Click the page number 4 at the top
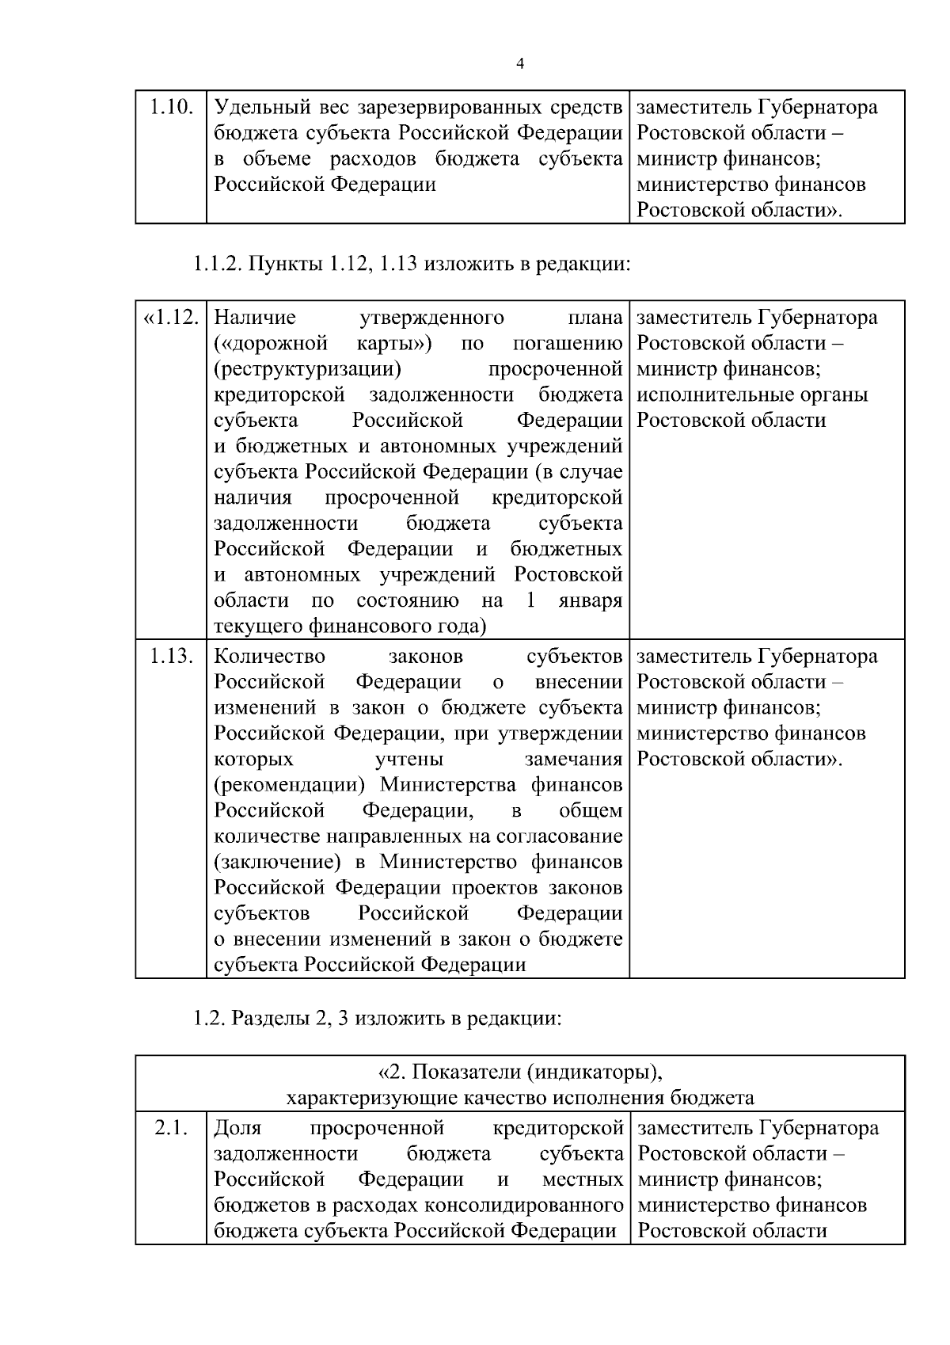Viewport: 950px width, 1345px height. point(519,64)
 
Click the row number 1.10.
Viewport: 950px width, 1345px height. point(172,106)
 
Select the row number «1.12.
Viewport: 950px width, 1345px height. point(169,317)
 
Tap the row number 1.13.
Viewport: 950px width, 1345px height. point(172,656)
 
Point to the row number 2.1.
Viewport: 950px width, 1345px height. point(171,1127)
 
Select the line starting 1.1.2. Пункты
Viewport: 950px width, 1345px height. point(412,263)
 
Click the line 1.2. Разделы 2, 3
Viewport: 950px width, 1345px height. point(377,1018)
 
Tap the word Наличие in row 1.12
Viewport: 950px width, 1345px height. point(255,318)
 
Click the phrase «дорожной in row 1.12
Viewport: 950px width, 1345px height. point(272,344)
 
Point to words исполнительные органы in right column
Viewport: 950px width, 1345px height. point(752,394)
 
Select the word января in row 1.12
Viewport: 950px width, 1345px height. point(590,600)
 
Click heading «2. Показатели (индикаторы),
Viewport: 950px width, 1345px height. point(519,1072)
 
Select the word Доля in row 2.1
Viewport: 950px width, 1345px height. point(237,1127)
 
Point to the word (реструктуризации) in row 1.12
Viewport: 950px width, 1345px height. point(308,369)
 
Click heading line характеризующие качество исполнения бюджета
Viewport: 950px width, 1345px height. point(519,1098)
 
